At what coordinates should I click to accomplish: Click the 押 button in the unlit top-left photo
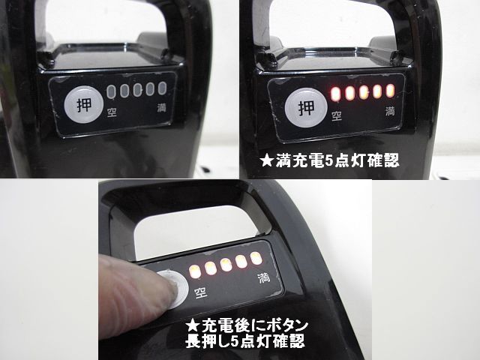coord(83,104)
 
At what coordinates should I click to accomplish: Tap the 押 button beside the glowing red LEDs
coord(306,107)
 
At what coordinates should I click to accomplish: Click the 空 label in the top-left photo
coord(112,112)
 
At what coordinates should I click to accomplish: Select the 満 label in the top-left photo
coord(161,108)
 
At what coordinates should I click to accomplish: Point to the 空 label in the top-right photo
coord(337,115)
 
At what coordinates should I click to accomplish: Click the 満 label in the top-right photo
coord(390,111)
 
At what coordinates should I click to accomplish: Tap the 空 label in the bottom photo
coord(201,292)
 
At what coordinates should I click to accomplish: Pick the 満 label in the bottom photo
coord(264,278)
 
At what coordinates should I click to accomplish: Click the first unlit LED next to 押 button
coord(111,91)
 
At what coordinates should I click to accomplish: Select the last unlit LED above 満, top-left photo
coord(162,88)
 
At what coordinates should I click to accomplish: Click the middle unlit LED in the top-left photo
coord(137,90)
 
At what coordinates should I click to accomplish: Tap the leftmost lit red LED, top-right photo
coord(335,94)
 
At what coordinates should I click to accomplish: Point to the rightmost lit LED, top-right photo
coord(390,91)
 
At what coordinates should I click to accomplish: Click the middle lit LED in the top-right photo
coord(363,92)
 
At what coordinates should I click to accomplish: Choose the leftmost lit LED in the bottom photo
coord(195,271)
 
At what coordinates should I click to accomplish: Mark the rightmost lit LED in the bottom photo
coord(256,258)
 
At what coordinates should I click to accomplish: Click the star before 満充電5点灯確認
coord(267,160)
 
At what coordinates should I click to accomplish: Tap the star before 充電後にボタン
coord(193,325)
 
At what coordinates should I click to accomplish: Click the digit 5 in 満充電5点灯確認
coord(328,160)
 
